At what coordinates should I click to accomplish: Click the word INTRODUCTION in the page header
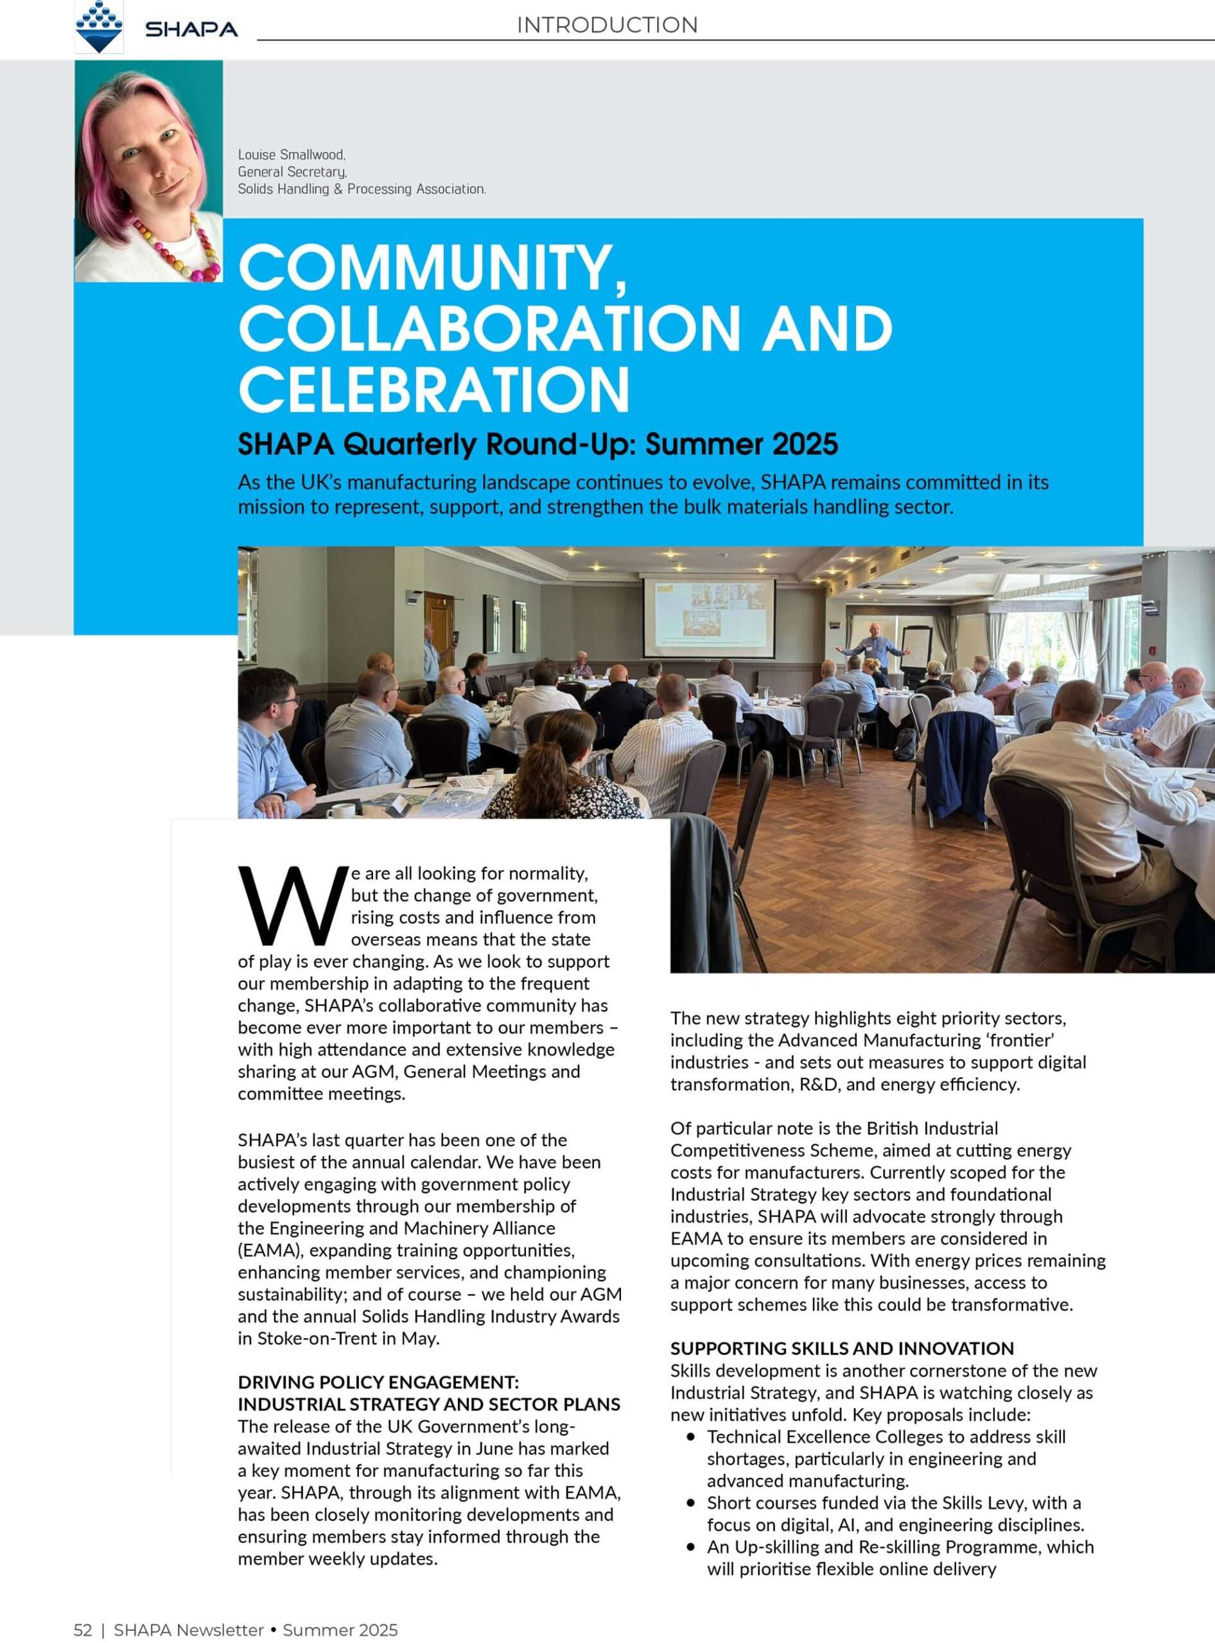coord(607,25)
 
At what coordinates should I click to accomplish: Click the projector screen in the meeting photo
coord(709,617)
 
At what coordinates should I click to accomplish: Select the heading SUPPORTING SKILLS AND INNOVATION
coord(841,1348)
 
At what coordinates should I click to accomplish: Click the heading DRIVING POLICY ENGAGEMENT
coord(378,1382)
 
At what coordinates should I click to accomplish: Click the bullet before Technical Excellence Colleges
coord(690,1436)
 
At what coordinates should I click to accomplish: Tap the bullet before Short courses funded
coord(690,1502)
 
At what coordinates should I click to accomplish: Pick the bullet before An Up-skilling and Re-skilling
coord(690,1547)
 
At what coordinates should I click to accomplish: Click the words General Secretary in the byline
coord(292,172)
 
